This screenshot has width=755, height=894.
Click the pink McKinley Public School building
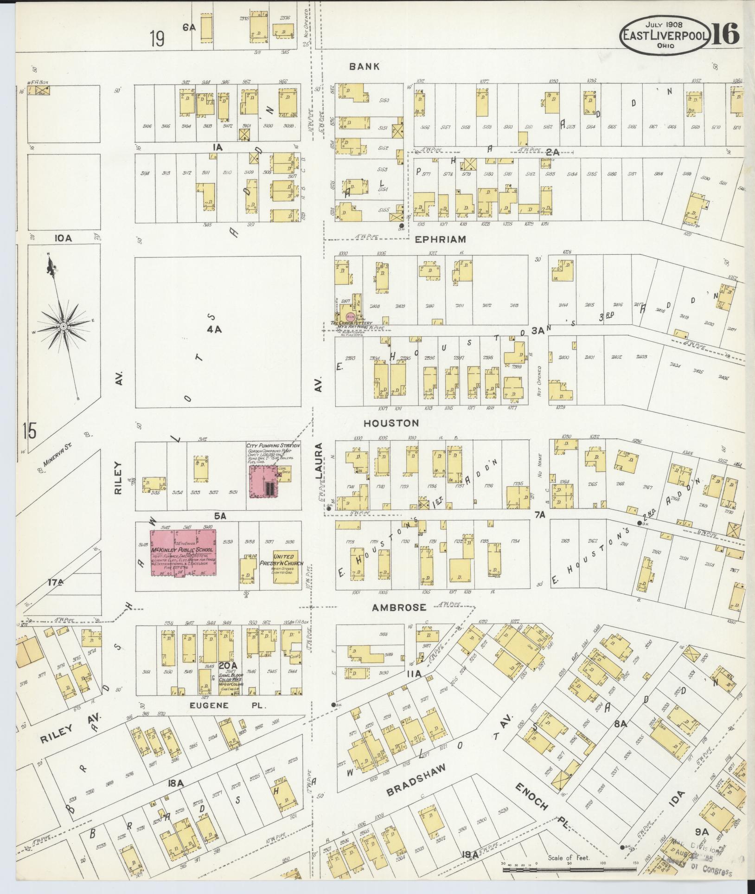tap(184, 552)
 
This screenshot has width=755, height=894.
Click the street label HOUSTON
tap(391, 423)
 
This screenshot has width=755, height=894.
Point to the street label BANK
tap(365, 66)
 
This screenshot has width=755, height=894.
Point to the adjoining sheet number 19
tap(157, 39)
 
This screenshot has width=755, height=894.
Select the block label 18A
tap(177, 783)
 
